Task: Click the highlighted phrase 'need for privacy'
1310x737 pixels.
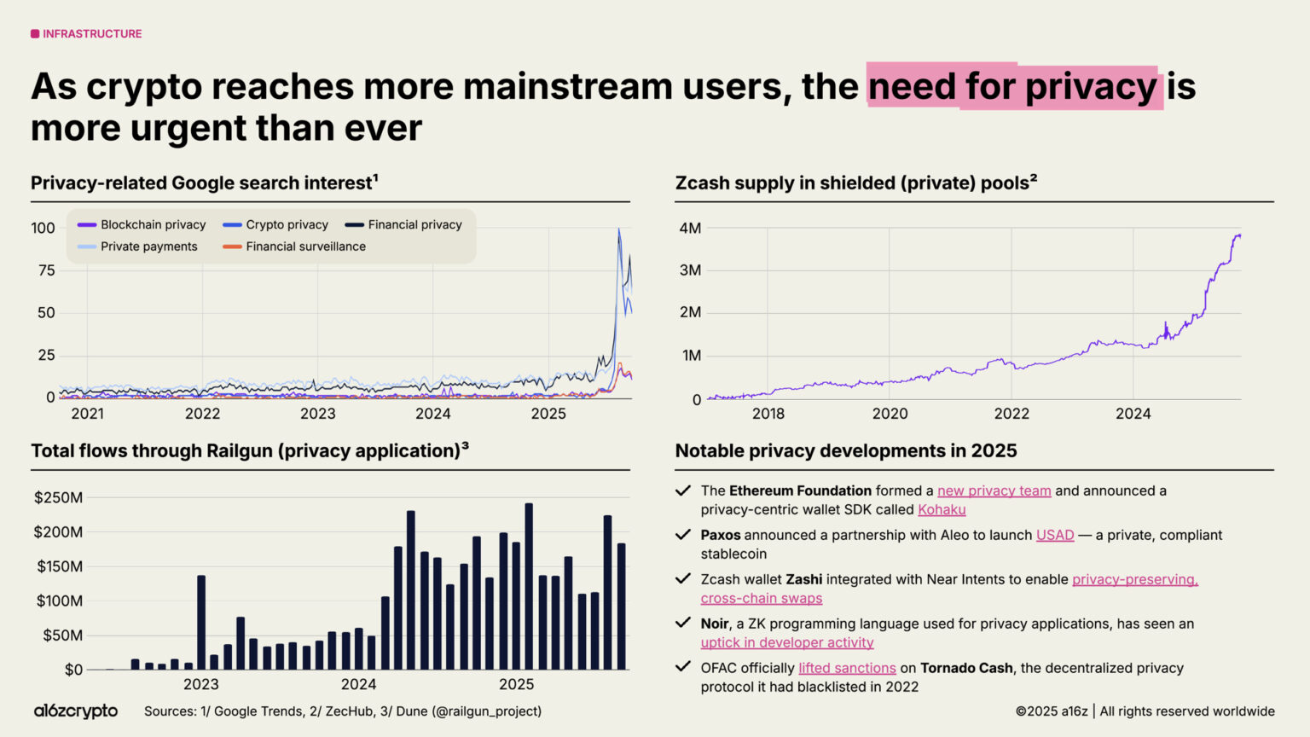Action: pos(1013,87)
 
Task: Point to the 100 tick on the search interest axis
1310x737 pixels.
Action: pos(43,228)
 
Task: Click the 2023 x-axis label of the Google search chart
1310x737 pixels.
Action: pos(317,414)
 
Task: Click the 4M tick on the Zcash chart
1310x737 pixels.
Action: pos(690,228)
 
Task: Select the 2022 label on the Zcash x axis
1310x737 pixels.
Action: pos(1011,414)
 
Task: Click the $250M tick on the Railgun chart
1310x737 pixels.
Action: pos(58,497)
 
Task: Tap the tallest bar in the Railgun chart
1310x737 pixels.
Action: pos(529,586)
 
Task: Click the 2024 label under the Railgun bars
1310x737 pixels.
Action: pos(358,684)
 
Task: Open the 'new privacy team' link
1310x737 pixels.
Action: pos(994,490)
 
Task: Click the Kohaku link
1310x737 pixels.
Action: pos(942,509)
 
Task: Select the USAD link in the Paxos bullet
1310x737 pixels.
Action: pos(1054,535)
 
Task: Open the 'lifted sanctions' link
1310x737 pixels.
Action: pos(847,668)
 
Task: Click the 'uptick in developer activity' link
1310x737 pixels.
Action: pos(787,642)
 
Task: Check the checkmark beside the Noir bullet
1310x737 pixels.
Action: pos(682,623)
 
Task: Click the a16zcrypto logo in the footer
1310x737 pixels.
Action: pos(76,711)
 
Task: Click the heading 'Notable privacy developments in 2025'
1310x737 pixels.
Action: pos(845,450)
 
